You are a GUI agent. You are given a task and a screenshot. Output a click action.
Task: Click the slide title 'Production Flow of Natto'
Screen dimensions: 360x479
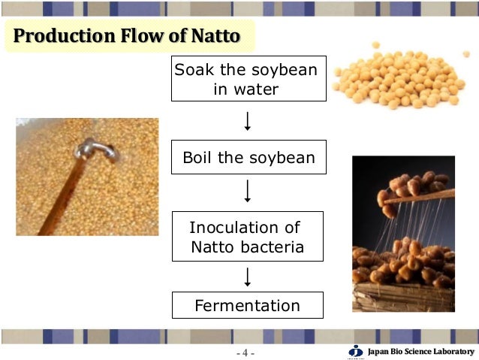pyautogui.click(x=128, y=36)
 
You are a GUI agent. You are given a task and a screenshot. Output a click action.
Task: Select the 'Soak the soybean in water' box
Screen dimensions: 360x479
pyautogui.click(x=247, y=79)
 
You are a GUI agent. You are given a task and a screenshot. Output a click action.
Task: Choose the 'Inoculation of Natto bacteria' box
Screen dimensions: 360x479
pyautogui.click(x=247, y=236)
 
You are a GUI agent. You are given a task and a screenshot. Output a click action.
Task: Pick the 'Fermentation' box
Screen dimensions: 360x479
pyautogui.click(x=247, y=305)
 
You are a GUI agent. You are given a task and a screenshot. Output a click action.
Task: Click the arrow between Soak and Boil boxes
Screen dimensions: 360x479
pyautogui.click(x=247, y=120)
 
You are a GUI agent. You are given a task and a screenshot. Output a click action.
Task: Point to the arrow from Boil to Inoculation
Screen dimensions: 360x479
pyautogui.click(x=247, y=193)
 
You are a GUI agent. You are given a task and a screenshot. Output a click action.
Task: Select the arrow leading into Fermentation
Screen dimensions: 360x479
pyautogui.click(x=247, y=277)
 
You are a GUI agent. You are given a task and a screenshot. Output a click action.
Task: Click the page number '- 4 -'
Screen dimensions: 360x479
pyautogui.click(x=246, y=352)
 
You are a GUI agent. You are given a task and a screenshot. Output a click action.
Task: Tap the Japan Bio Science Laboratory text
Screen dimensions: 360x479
pyautogui.click(x=420, y=352)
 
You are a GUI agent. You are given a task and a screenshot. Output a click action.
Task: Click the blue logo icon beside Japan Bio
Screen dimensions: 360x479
pyautogui.click(x=356, y=351)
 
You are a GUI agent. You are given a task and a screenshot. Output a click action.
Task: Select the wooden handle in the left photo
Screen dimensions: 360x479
pyautogui.click(x=60, y=195)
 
